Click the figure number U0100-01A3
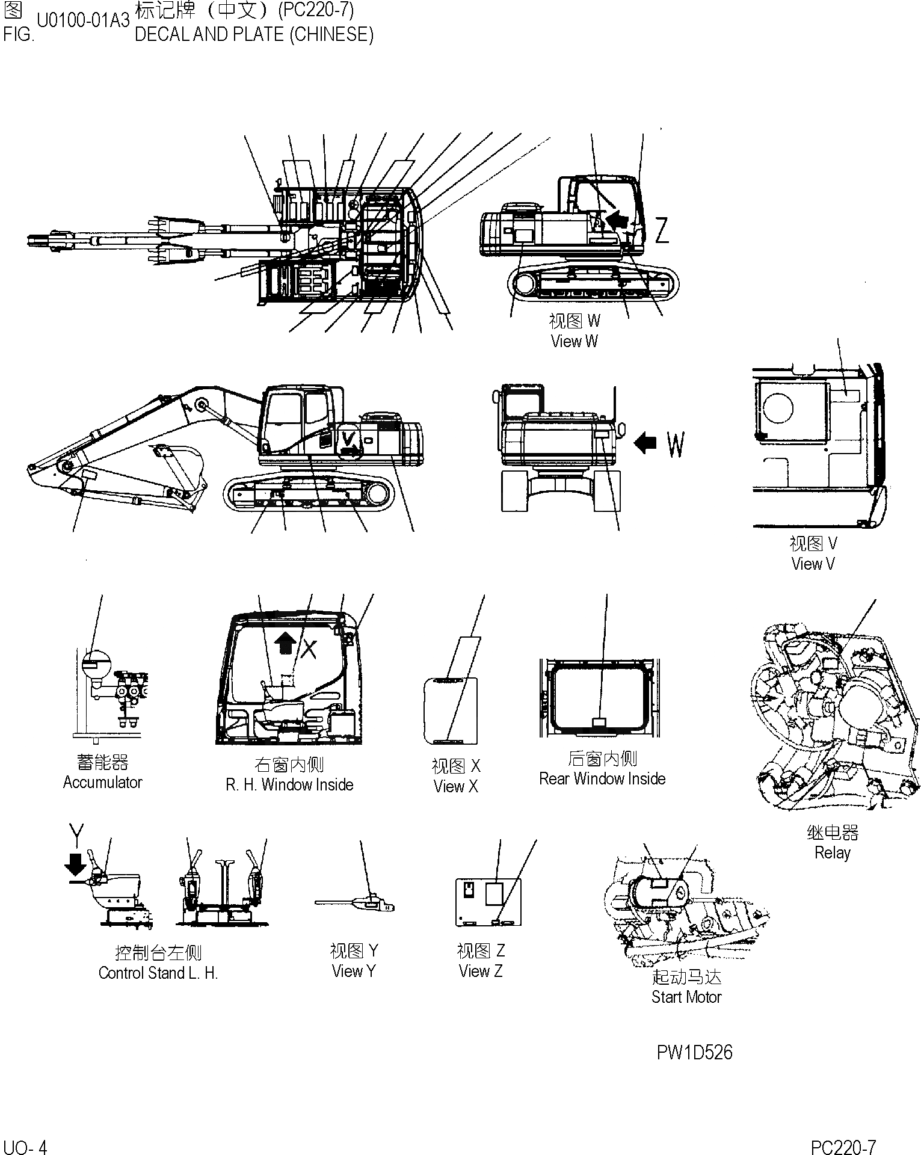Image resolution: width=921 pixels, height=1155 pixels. coord(83,20)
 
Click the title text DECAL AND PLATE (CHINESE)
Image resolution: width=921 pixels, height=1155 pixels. coord(254,35)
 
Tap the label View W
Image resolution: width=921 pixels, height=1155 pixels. coord(574,341)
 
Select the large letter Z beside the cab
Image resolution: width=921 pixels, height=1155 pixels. coord(662,230)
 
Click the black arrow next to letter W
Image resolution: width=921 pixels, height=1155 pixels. coord(645,444)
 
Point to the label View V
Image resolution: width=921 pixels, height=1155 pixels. coord(813,564)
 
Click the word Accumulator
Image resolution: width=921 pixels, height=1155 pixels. coord(102,783)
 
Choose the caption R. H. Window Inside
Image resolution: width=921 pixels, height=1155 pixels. coord(289,784)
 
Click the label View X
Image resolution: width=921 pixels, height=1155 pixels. coord(455,786)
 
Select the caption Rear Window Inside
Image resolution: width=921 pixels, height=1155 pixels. coord(602,778)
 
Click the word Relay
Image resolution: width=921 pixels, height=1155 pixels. coord(832,852)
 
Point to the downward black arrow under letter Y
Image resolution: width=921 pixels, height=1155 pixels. coord(76,865)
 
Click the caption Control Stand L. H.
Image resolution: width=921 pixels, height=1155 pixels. coord(158,973)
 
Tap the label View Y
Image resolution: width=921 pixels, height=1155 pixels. coord(354,971)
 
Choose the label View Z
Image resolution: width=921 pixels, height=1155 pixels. coord(480,971)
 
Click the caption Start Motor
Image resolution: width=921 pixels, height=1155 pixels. coord(686,997)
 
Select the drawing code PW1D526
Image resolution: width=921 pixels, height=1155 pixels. coord(694,1052)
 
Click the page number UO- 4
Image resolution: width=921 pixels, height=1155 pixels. coord(25,1147)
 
